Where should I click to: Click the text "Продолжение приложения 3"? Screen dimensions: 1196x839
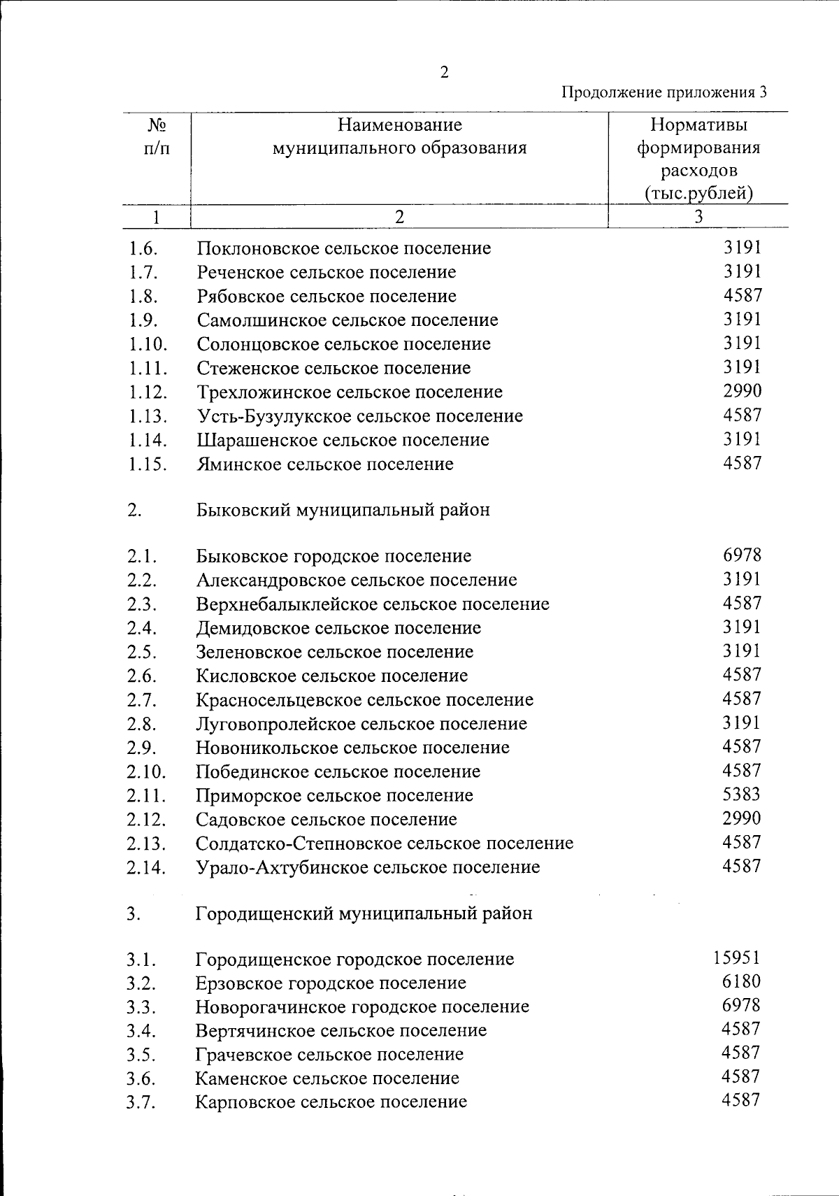coord(665,92)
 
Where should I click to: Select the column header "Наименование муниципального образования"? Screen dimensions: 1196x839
coord(399,137)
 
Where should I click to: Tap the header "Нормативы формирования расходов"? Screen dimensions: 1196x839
coord(698,159)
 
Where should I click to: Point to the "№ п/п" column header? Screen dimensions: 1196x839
coord(157,137)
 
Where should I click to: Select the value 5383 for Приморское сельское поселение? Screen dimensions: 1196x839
coord(741,795)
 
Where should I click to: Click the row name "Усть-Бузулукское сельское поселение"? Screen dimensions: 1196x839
coord(359,416)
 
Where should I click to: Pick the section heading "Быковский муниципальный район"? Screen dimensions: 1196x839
coord(343,510)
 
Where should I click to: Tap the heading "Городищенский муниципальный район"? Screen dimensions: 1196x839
coord(364,913)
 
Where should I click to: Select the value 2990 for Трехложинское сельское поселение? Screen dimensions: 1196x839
coord(742,391)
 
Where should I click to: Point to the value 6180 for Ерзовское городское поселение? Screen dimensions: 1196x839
coord(741,982)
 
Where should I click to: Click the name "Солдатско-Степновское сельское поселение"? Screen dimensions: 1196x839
coord(385,843)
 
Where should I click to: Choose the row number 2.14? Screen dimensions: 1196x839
coord(146,868)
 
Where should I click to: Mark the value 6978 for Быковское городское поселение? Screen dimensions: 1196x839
coord(742,555)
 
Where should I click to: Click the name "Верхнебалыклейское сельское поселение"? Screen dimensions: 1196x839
coord(373,604)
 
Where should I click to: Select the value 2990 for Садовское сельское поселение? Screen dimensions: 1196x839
coord(742,818)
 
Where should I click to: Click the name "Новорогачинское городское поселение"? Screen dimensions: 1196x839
coord(362,1007)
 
